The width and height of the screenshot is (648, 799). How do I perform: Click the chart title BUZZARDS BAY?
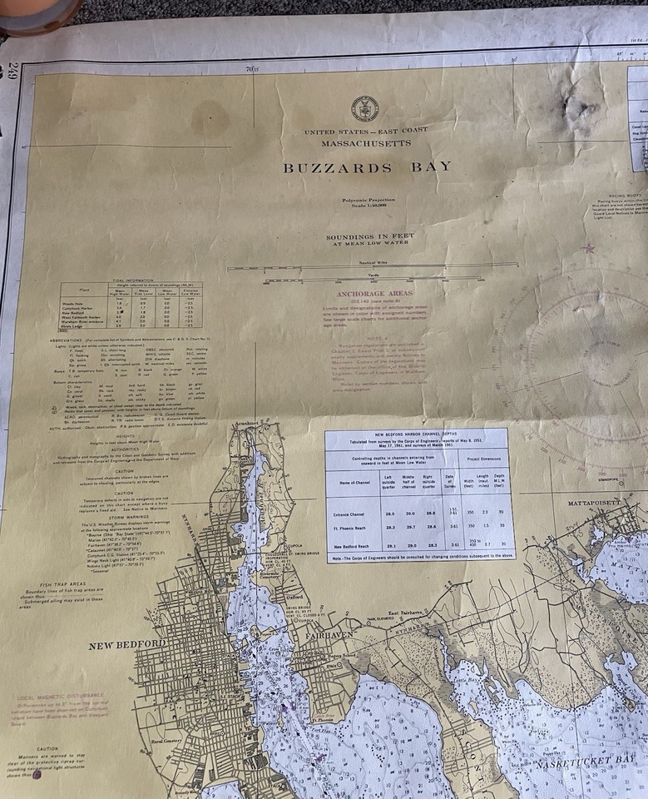(367, 167)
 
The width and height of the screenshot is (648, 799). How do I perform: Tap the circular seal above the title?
(364, 108)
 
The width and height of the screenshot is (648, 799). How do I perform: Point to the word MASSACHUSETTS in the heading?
(366, 143)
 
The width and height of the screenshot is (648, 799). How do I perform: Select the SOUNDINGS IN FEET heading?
(369, 236)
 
